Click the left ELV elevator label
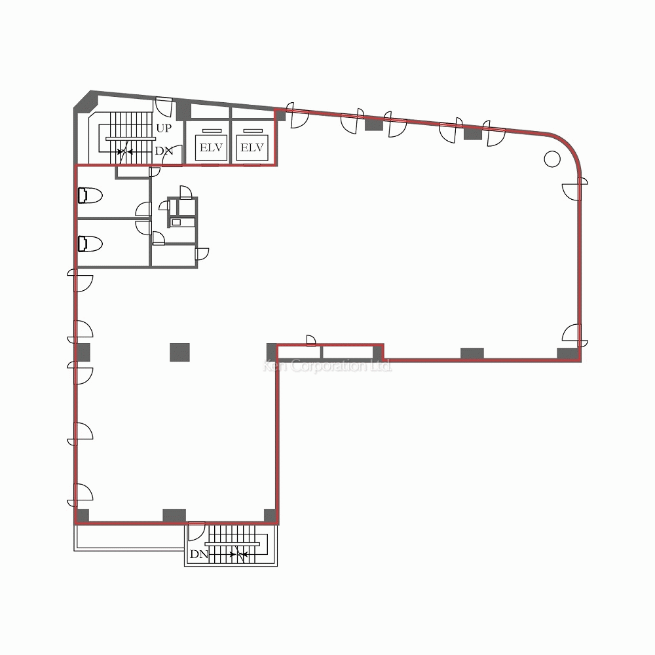[210, 148]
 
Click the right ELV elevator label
[252, 148]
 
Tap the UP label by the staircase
[163, 128]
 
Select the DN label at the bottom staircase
[198, 554]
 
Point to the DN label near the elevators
[163, 151]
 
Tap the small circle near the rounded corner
[552, 158]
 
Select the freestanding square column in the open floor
[179, 352]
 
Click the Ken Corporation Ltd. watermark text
[327, 367]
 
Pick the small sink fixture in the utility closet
[176, 223]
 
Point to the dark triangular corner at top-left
[83, 101]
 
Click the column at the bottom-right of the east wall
[567, 354]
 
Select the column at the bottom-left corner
[83, 516]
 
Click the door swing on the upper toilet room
[142, 209]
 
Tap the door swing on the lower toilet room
[143, 227]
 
